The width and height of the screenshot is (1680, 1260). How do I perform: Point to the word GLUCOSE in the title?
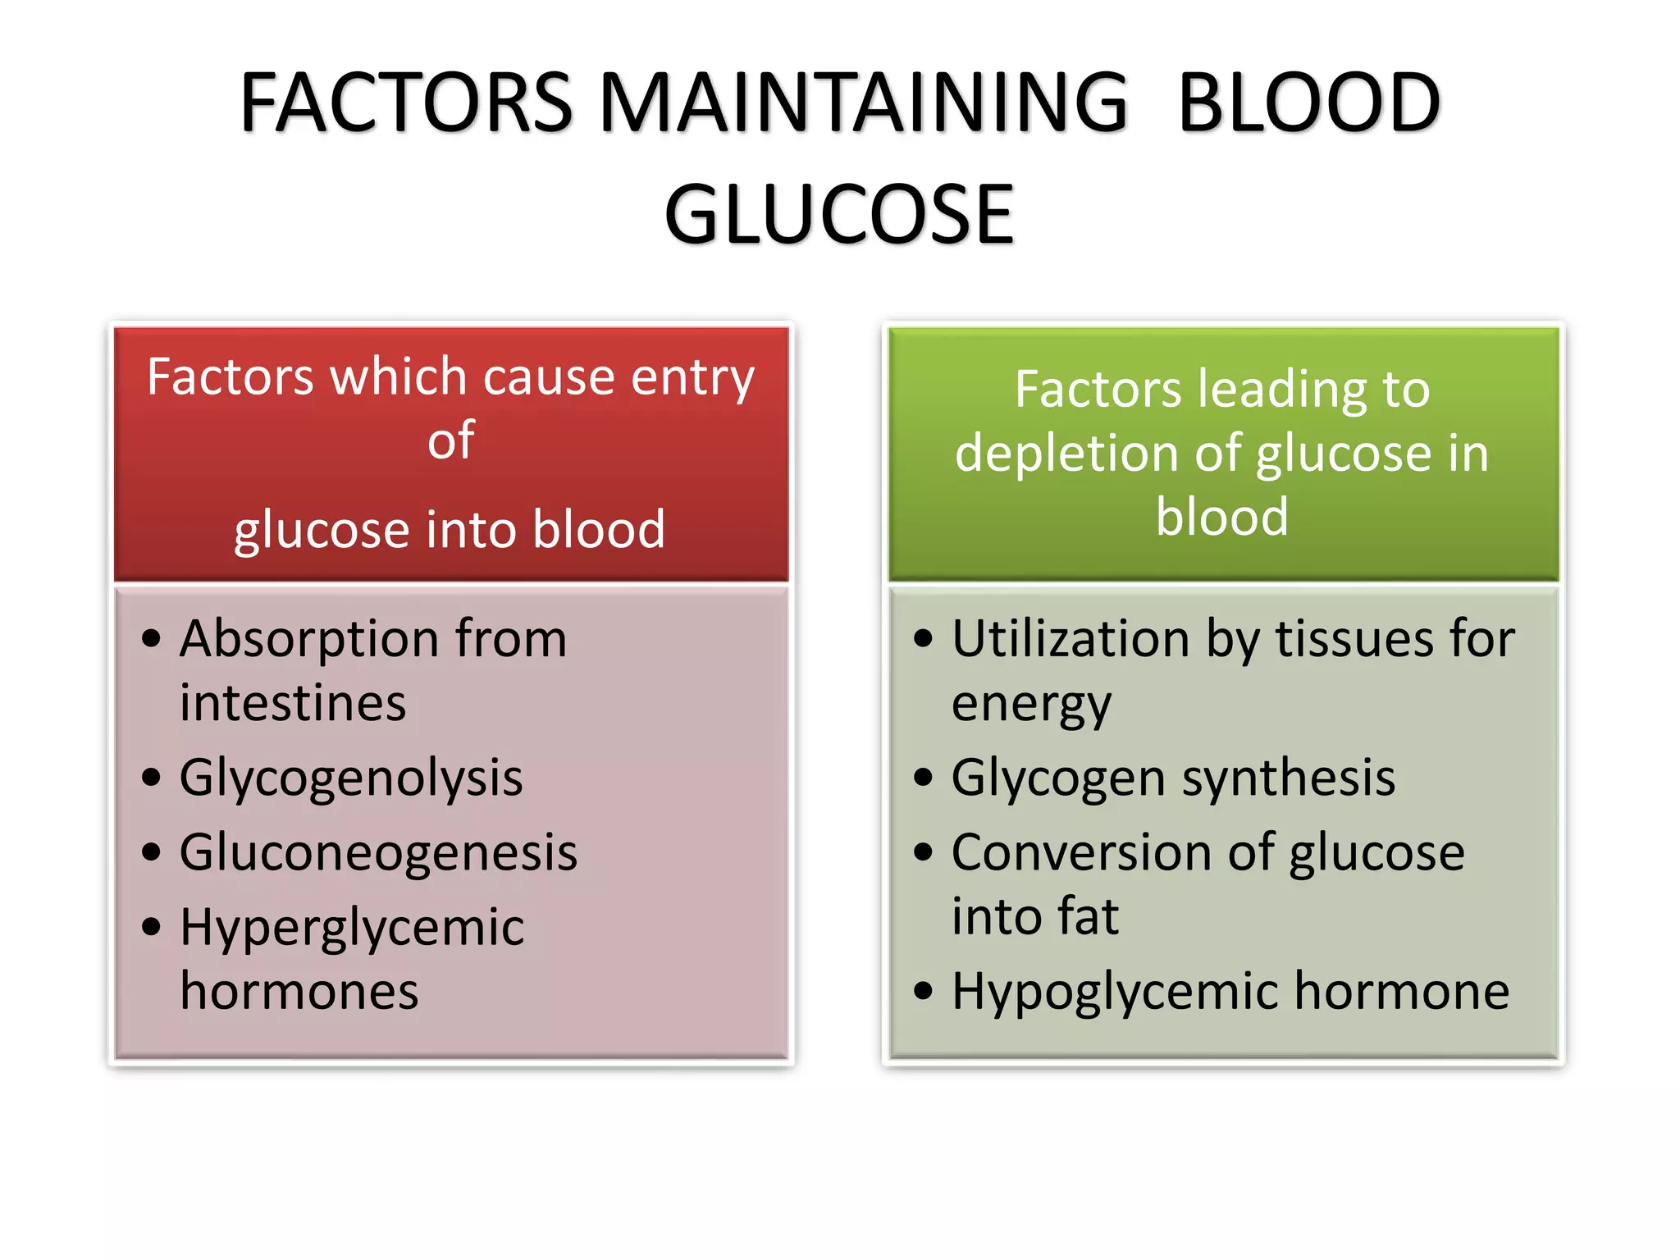839,215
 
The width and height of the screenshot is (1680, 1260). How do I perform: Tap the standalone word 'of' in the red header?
450,441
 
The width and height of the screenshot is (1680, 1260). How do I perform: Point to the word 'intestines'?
293,704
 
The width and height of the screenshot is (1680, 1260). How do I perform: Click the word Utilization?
1070,640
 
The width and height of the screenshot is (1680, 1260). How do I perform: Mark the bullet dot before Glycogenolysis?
151,777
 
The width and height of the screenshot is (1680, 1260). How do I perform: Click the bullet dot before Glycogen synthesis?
924,777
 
